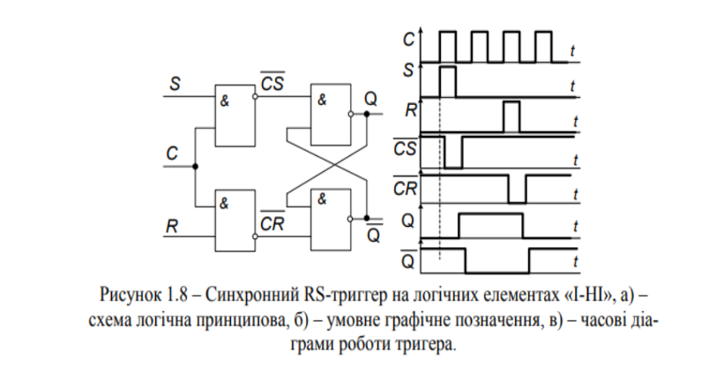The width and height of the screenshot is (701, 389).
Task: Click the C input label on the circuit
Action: (x=173, y=153)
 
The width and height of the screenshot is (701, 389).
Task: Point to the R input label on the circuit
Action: (x=173, y=226)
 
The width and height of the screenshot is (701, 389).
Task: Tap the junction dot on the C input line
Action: (x=195, y=166)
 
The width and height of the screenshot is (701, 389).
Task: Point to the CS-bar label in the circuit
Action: (x=272, y=84)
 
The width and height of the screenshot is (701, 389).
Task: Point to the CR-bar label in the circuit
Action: (x=272, y=226)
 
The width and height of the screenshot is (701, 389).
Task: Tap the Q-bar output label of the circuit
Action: (x=374, y=234)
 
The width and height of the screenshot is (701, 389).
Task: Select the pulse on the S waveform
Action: (x=447, y=79)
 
